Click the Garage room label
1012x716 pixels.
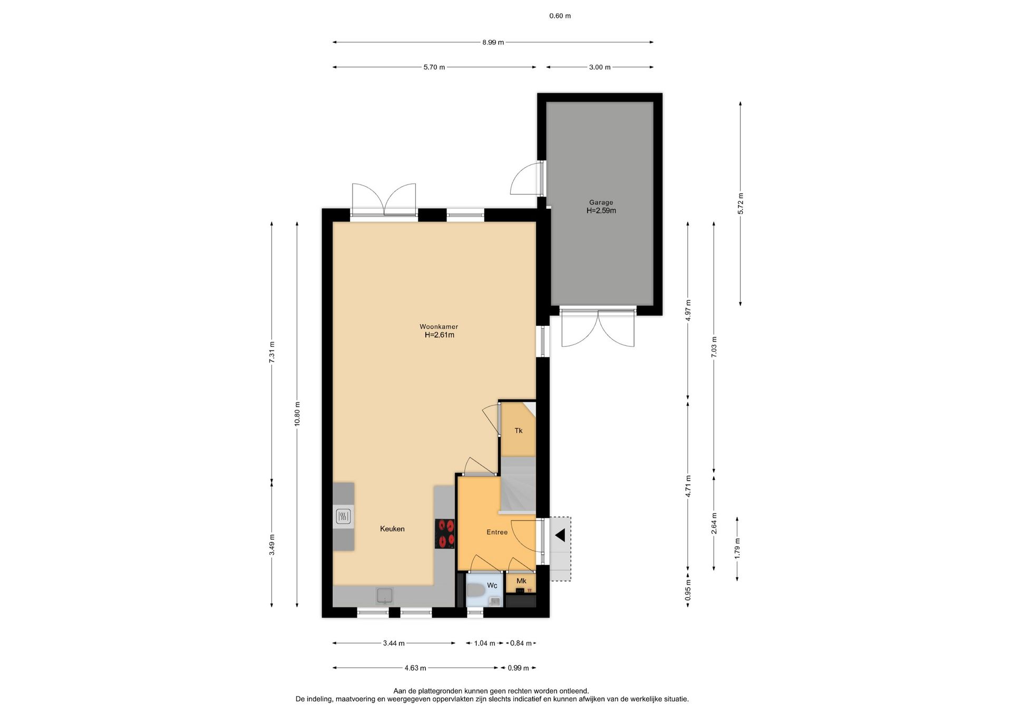601,202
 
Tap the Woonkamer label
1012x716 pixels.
439,327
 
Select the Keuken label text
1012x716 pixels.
392,529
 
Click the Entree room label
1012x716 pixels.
497,533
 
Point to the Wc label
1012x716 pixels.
492,586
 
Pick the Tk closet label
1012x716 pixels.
519,431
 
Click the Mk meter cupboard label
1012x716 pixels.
521,581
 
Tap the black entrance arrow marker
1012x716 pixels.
560,536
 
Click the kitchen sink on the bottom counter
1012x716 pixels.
384,595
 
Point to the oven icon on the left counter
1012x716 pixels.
344,516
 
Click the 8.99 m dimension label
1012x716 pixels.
493,42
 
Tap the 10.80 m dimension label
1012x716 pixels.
297,414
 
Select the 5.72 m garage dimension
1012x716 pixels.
741,204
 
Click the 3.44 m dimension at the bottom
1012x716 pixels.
394,643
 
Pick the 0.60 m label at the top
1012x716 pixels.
560,16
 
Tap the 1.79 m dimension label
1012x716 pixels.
737,548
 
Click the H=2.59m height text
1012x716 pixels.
601,211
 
